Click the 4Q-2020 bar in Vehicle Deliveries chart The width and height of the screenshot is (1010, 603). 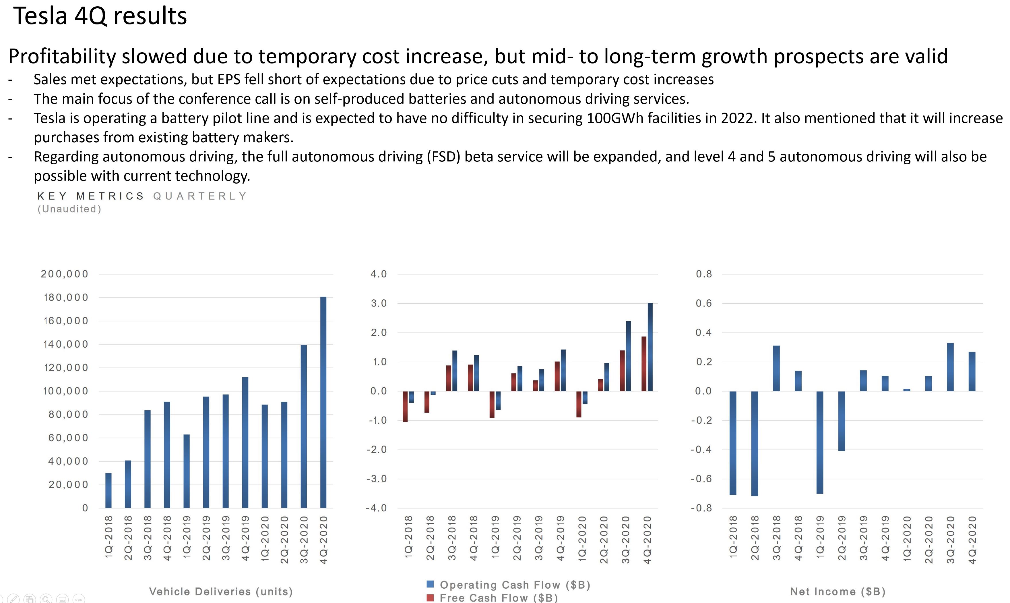point(323,402)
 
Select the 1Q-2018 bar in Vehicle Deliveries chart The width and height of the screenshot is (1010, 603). point(108,490)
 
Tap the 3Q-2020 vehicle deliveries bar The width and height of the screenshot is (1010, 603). point(304,426)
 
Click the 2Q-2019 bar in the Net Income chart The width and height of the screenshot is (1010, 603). point(842,421)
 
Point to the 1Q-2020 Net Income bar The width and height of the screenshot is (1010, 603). point(907,390)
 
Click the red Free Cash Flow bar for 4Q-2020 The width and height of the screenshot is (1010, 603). point(644,364)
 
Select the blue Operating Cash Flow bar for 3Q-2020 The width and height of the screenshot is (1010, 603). point(628,356)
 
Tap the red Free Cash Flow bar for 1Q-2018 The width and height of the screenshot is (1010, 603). point(405,406)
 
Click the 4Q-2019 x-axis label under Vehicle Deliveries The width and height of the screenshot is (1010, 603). point(245,538)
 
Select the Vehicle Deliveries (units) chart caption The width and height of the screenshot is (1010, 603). point(221,592)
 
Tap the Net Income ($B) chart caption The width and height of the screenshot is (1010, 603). point(838,592)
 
